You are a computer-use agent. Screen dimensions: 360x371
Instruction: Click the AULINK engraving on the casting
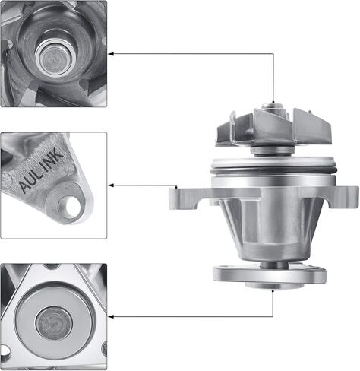point(41,170)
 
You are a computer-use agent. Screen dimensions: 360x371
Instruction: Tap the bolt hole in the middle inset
point(71,207)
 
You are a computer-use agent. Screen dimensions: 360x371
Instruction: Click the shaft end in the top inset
point(54,60)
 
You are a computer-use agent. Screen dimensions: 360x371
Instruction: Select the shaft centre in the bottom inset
point(54,324)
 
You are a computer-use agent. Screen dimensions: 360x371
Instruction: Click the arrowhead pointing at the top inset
point(111,54)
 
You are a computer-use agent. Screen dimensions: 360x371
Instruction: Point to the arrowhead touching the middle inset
point(111,185)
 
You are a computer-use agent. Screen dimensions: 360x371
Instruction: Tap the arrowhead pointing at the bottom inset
point(111,317)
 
